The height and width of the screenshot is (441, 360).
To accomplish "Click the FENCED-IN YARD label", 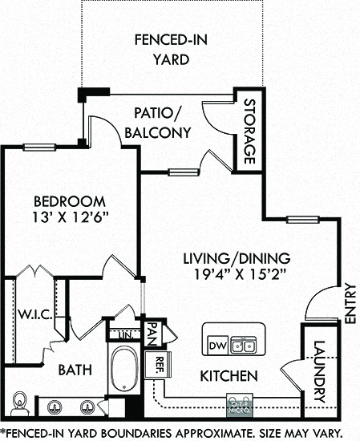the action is pyautogui.click(x=171, y=50).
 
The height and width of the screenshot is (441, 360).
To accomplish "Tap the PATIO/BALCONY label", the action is pyautogui.click(x=158, y=123).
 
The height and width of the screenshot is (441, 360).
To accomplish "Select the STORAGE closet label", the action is pyautogui.click(x=249, y=131).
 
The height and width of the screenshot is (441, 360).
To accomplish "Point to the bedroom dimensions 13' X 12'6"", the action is pyautogui.click(x=71, y=217).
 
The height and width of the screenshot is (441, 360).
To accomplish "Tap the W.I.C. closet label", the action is pyautogui.click(x=35, y=314).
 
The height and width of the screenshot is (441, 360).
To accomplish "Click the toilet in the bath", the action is pyautogui.click(x=19, y=404).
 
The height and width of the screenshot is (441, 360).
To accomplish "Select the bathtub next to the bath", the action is pyautogui.click(x=124, y=369).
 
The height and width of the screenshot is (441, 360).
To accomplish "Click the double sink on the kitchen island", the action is pyautogui.click(x=244, y=345).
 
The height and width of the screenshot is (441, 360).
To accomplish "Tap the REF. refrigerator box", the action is pyautogui.click(x=158, y=365).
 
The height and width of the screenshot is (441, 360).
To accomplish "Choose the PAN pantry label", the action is pyautogui.click(x=152, y=334).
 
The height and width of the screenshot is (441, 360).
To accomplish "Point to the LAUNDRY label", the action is pyautogui.click(x=320, y=371).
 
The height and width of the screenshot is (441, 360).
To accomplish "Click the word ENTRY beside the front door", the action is pyautogui.click(x=350, y=303).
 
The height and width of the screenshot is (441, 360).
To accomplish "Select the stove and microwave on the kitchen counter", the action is pyautogui.click(x=240, y=405).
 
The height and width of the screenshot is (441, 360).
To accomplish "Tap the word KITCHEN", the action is pyautogui.click(x=229, y=376).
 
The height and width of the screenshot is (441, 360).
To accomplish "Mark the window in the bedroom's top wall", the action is pyautogui.click(x=39, y=147).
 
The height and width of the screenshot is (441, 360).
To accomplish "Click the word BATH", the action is pyautogui.click(x=75, y=370).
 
